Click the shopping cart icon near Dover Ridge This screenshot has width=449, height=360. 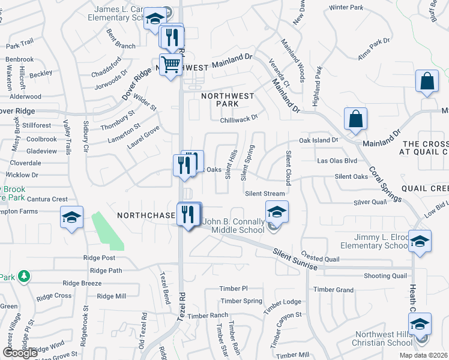pyautogui.click(x=171, y=64)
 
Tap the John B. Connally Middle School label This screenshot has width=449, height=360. pyautogui.click(x=234, y=225)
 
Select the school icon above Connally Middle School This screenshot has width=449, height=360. pyautogui.click(x=277, y=212)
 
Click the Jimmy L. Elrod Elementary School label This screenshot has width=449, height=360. pyautogui.click(x=373, y=241)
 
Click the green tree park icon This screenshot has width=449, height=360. pyautogui.click(x=23, y=277)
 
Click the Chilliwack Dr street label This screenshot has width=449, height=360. pyautogui.click(x=239, y=118)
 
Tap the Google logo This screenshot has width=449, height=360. pyautogui.click(x=20, y=352)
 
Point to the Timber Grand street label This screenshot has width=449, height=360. pyautogui.click(x=333, y=290)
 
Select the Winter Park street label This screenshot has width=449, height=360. pyautogui.click(x=346, y=8)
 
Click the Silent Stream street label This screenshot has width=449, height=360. pyautogui.click(x=265, y=193)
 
